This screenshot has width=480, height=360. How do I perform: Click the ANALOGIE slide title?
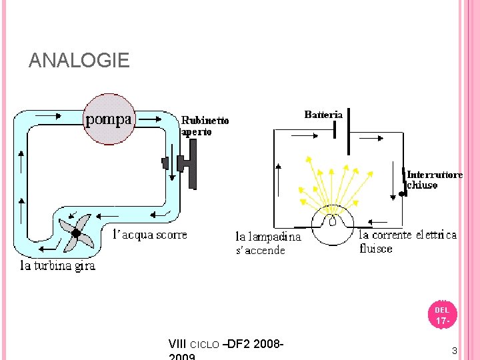coord(79,61)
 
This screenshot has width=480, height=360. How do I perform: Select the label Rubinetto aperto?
coord(205,126)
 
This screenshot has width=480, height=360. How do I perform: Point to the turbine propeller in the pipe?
coord(75,232)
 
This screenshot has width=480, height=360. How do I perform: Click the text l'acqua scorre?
coord(149,235)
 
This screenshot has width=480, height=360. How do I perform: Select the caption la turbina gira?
coord(57,265)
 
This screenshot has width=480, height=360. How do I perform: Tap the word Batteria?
coord(323,115)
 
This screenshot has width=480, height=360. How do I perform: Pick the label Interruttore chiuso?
coord(435,180)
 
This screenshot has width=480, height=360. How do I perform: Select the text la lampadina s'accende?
coord(268,243)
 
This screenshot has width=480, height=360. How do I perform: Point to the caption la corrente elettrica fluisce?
coord(407,241)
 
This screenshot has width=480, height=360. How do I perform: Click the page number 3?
coord(454,351)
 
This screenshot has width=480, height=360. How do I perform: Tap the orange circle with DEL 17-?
coord(443,315)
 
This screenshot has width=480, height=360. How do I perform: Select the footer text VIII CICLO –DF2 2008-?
coord(227,344)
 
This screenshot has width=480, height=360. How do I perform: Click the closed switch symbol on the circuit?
coord(403,181)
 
